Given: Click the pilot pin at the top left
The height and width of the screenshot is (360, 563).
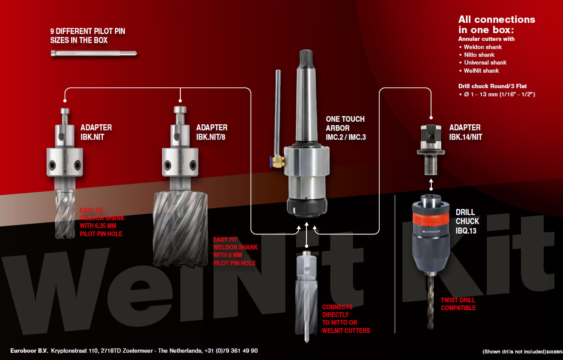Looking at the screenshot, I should click(x=93, y=53).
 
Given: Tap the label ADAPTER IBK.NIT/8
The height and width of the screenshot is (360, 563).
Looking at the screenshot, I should click(x=212, y=132).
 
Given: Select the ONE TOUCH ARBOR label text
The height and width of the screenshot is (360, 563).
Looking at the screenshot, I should click(x=345, y=128).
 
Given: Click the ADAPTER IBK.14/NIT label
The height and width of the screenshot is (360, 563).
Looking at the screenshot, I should click(x=465, y=132).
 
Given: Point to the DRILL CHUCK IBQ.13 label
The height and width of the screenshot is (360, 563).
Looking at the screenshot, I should click(x=467, y=221).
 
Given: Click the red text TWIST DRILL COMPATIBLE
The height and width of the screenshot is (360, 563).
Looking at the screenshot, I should click(x=458, y=304).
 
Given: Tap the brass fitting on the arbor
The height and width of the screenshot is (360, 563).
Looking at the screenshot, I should click(x=277, y=162).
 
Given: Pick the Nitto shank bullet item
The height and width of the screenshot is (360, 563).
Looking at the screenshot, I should click(x=479, y=55).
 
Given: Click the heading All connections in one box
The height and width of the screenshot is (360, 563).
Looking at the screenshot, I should click(x=496, y=25).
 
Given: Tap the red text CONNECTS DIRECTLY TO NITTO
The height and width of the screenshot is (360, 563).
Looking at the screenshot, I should click(x=346, y=319).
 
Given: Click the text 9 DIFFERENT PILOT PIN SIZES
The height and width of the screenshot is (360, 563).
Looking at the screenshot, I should click(x=87, y=36).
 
